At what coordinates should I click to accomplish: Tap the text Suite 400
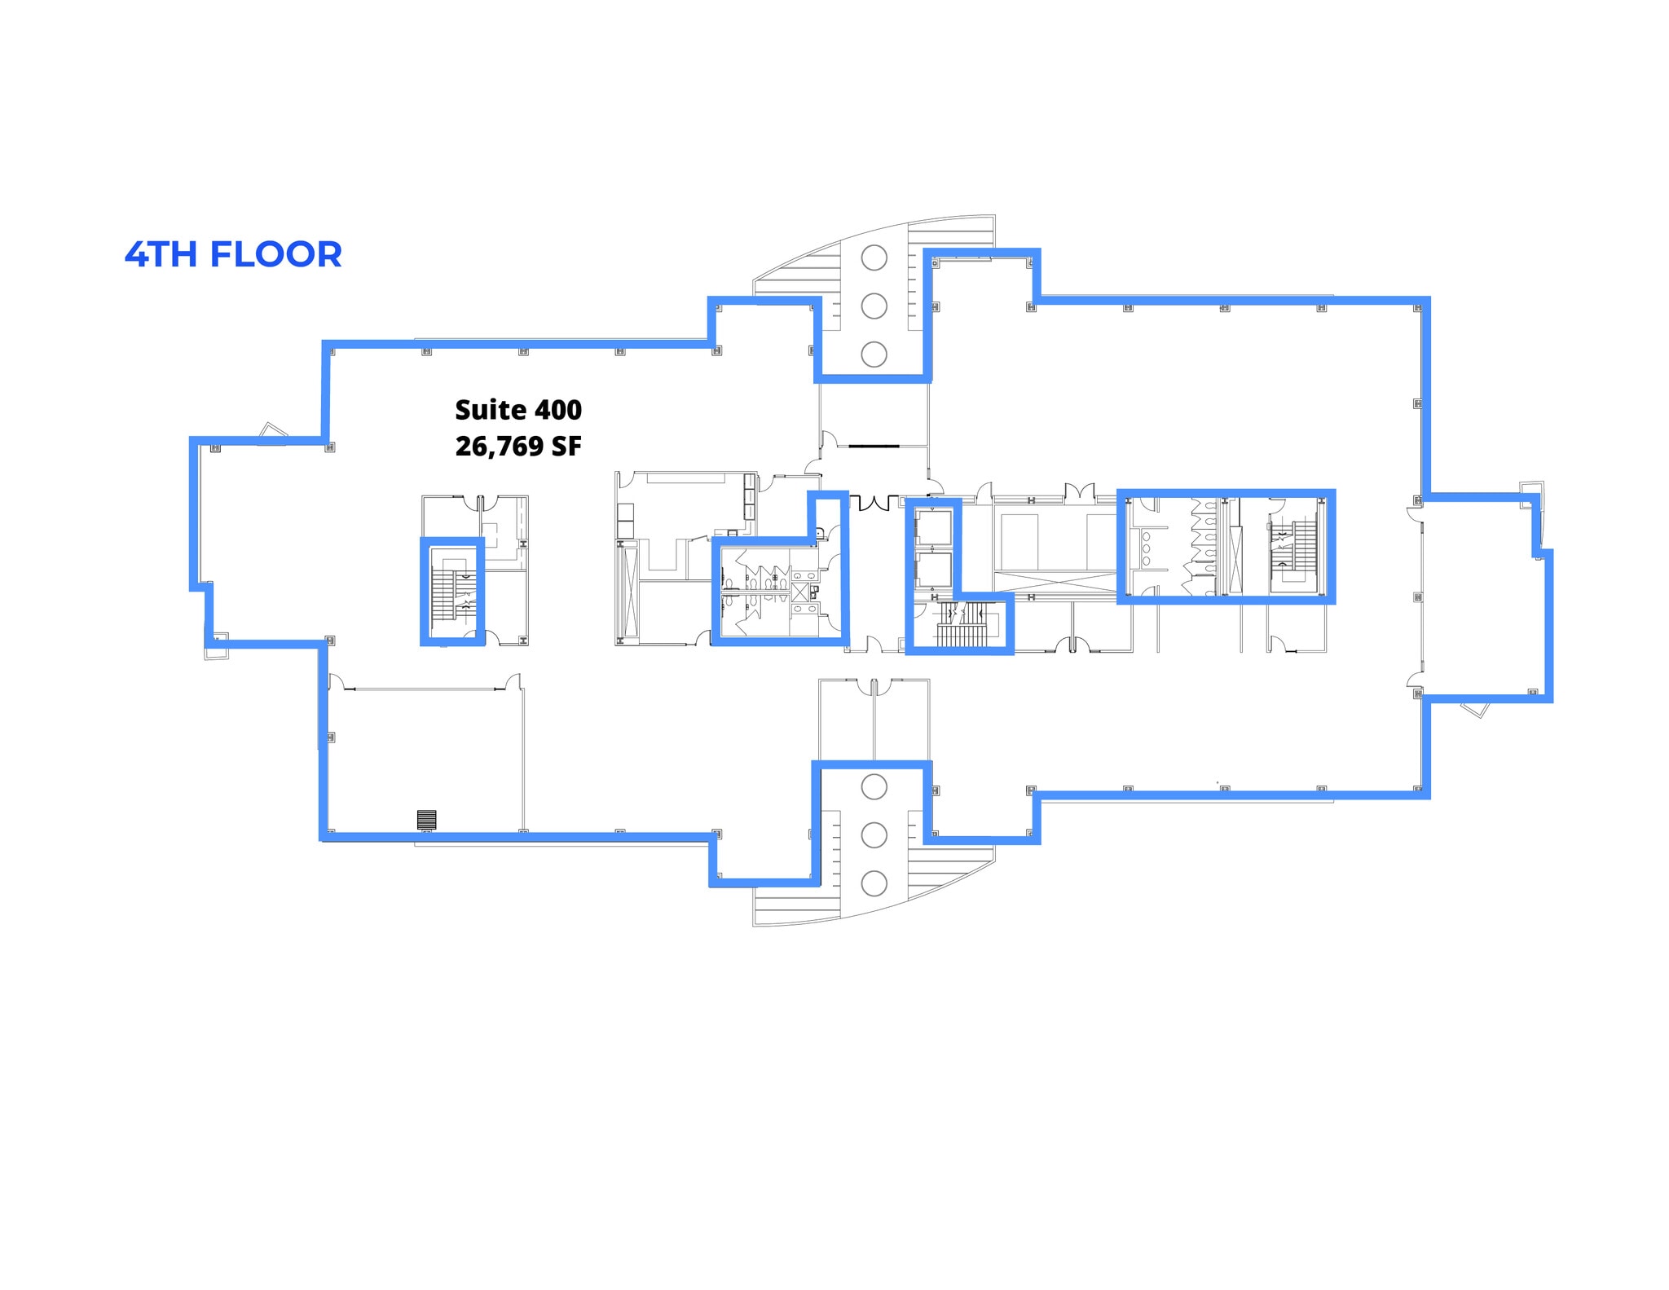[517, 409]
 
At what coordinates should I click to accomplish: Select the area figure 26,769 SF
[517, 446]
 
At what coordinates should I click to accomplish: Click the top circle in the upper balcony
[874, 258]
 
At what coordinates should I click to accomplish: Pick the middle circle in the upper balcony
[874, 306]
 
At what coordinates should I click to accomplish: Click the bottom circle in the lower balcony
[874, 883]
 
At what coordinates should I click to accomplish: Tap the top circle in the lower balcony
[874, 786]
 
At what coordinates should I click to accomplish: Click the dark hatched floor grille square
[426, 819]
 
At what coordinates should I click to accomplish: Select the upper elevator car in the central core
[934, 528]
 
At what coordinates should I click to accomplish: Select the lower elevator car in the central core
[934, 570]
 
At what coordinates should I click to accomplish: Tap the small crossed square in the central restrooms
[800, 592]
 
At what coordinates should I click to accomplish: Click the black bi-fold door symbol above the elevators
[874, 502]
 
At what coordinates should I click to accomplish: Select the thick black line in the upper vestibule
[874, 446]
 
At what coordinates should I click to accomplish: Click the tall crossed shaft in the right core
[1235, 561]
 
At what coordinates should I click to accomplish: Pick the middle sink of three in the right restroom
[1146, 548]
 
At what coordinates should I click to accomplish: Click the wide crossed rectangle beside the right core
[1055, 582]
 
